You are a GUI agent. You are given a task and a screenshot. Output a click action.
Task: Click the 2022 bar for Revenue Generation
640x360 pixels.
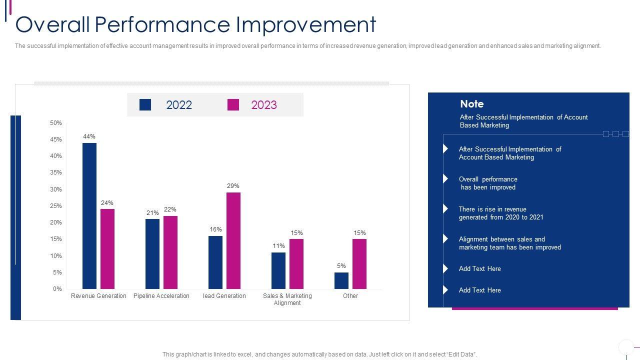89,216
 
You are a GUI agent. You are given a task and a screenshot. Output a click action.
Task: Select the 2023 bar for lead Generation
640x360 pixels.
233,240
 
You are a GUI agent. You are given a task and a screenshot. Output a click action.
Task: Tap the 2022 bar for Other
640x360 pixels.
341,280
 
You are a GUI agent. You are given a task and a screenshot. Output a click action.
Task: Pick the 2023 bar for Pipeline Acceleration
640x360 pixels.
170,252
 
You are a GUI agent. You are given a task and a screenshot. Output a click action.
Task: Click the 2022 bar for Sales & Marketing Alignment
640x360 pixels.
278,270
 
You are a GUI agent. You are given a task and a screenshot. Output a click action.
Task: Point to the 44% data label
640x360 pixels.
89,136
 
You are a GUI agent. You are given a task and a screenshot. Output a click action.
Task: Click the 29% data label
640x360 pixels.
233,186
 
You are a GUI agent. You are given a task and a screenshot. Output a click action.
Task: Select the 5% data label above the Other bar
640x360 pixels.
341,266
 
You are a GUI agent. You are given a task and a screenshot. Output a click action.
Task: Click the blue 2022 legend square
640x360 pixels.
145,104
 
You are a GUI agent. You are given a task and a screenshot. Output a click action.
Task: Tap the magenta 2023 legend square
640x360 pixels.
233,104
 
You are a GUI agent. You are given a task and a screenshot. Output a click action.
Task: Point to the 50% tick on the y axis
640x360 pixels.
56,123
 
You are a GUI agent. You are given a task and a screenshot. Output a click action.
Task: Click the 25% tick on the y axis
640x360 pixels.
56,206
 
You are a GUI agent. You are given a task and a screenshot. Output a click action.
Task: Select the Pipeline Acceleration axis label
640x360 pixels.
161,296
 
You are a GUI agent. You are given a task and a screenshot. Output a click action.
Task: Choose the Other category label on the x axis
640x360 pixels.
350,296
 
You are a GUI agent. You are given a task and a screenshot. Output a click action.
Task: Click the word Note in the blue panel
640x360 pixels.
472,104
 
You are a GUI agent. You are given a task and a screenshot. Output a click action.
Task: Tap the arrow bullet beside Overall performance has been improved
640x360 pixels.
445,178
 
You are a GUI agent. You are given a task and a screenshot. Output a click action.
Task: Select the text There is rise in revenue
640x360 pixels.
492,209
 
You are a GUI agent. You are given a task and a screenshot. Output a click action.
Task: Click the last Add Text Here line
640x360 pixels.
480,290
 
